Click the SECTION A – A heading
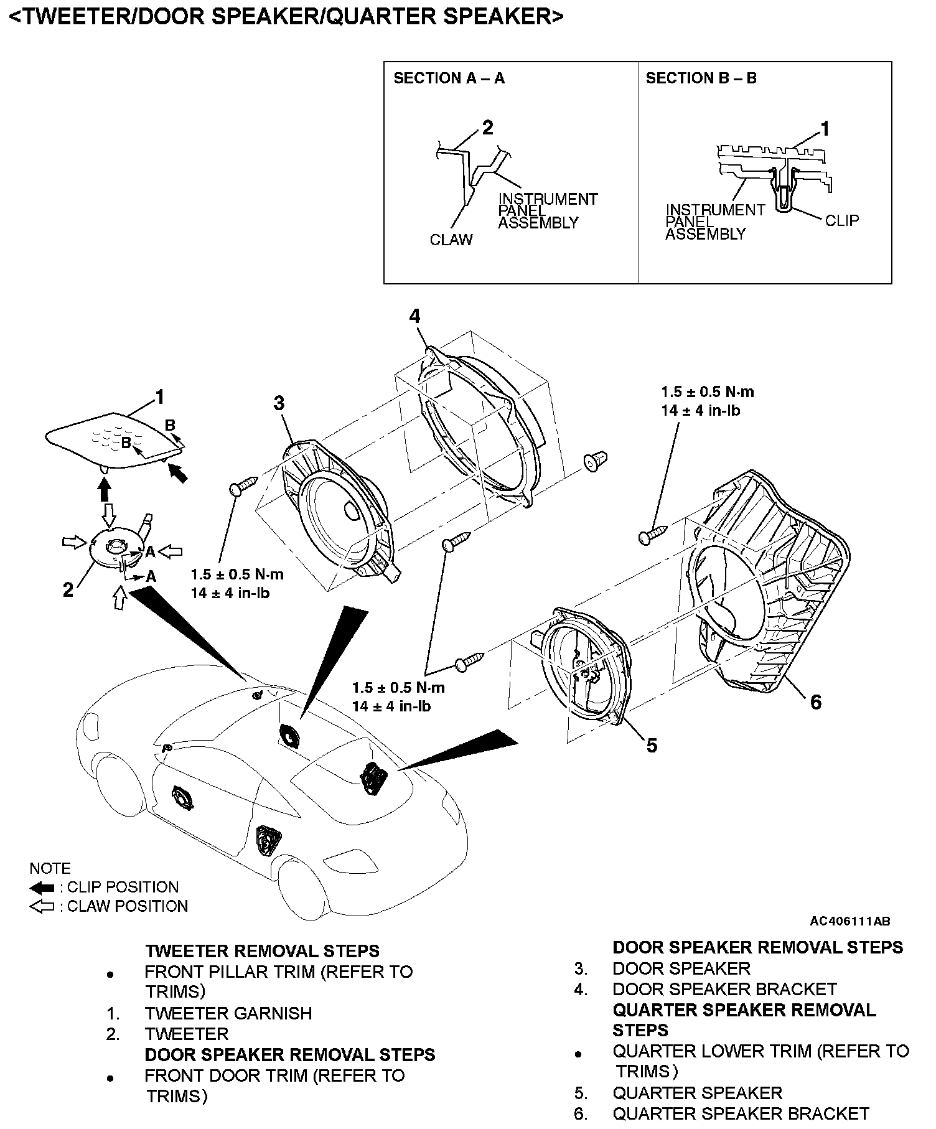point(449,78)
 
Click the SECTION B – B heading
point(701,78)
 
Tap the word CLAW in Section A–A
point(451,240)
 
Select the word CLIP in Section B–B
point(841,220)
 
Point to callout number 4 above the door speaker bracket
point(414,316)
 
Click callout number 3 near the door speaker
point(279,403)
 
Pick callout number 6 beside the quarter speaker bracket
point(815,702)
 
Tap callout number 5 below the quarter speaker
point(652,745)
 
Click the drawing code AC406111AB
point(850,921)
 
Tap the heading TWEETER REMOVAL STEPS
point(262,951)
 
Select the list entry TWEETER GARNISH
point(228,1013)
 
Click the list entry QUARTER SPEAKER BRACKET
point(741,1113)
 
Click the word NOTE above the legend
point(50,868)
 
